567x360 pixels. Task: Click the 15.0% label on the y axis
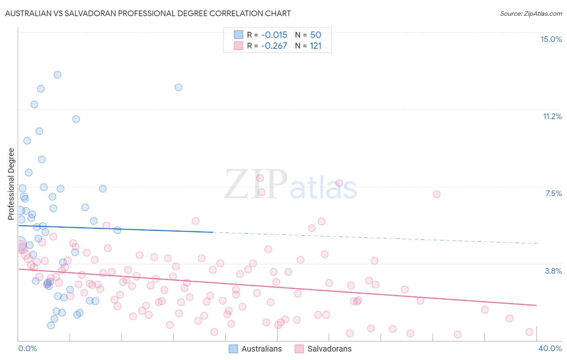551,39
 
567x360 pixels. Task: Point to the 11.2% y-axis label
552,116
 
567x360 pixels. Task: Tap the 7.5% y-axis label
553,193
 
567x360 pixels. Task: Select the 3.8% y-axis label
553,271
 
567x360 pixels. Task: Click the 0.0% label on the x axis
27,348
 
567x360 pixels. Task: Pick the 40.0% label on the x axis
550,348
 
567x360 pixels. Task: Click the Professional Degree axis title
11,184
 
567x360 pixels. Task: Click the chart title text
148,13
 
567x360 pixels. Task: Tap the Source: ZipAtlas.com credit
531,13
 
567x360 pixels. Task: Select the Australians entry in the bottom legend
261,349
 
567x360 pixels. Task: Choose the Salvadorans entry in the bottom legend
329,349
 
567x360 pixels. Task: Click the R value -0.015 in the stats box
274,35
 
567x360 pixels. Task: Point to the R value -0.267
274,46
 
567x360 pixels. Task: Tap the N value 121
315,46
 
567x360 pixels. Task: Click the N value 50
315,35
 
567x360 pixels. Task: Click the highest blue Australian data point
57,75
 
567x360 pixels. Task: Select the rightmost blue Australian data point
178,87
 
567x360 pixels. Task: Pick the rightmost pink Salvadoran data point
529,332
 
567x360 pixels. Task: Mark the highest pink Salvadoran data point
260,178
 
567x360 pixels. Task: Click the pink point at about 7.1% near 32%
436,194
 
